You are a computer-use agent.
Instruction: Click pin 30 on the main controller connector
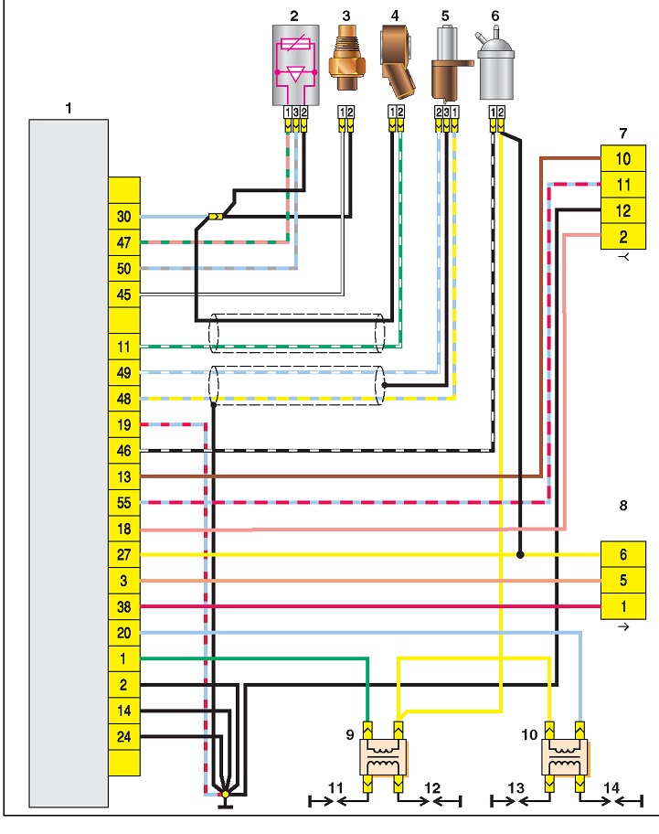coord(124,217)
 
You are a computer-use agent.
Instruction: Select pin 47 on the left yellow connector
coord(124,242)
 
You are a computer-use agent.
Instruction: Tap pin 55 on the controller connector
coord(124,503)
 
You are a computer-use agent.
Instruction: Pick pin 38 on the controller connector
coord(124,606)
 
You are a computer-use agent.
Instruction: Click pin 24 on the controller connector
coord(124,737)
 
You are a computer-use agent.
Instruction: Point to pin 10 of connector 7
coord(623,158)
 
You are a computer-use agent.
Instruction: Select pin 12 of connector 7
coord(623,210)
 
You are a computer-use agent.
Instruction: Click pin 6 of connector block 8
coord(623,555)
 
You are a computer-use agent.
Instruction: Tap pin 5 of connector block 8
coord(623,581)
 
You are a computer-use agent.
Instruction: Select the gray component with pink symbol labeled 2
coord(296,66)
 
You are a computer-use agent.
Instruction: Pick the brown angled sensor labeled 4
coord(398,63)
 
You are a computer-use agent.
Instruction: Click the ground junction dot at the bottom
coord(226,794)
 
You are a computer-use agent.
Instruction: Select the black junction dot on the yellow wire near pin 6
coord(520,555)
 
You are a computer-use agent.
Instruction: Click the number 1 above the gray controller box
coord(69,109)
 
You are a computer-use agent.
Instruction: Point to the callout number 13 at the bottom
coord(516,787)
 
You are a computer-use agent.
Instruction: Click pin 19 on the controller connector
coord(124,424)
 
